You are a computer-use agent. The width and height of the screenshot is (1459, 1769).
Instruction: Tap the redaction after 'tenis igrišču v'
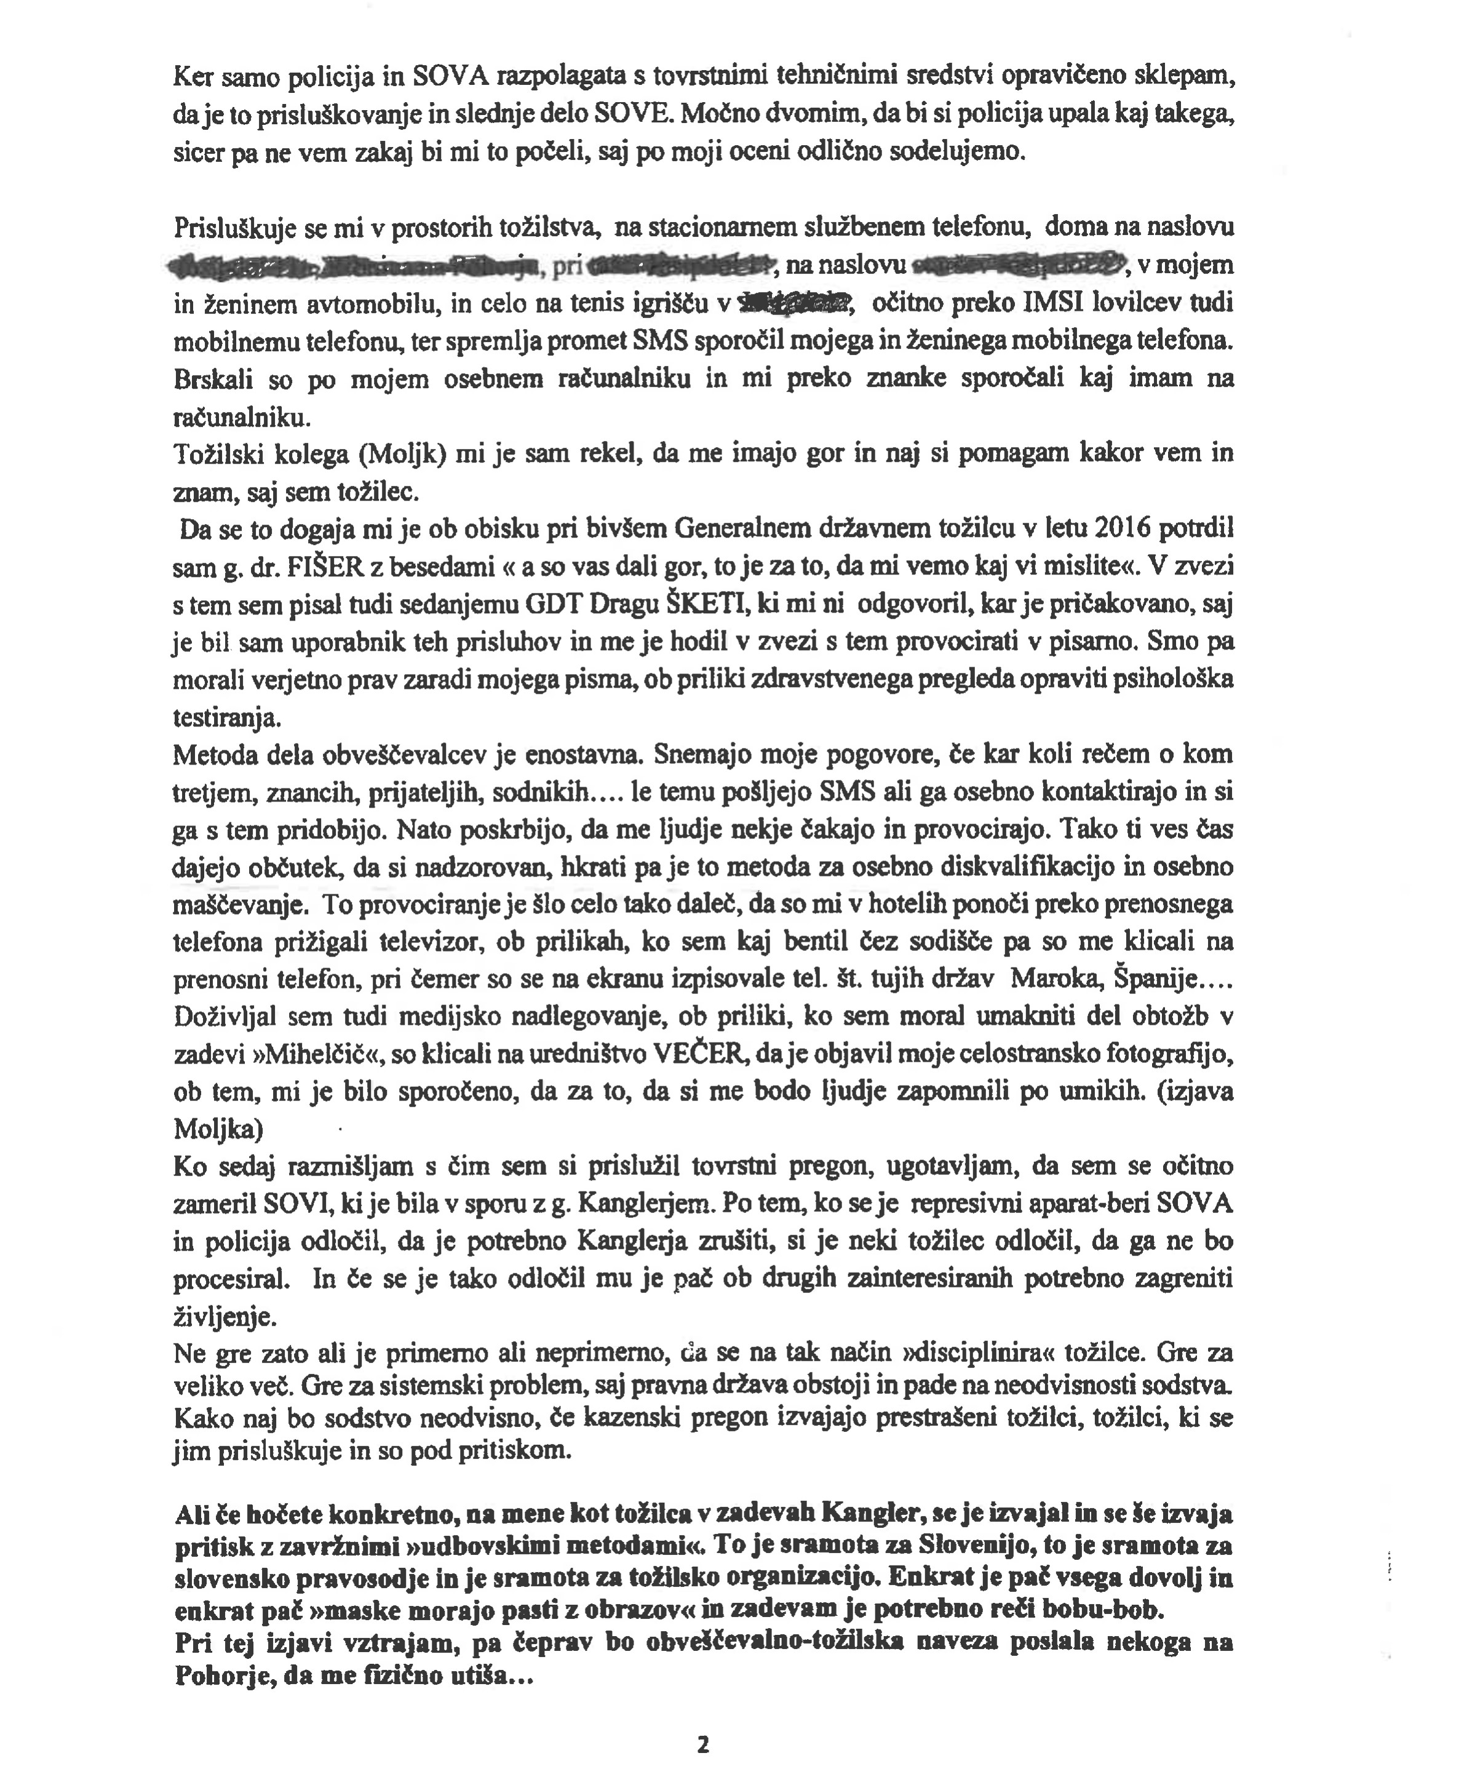(x=793, y=303)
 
